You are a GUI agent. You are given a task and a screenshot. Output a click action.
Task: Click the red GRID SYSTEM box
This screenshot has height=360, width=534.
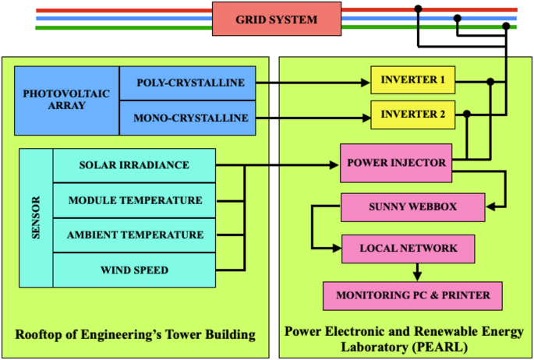point(277,19)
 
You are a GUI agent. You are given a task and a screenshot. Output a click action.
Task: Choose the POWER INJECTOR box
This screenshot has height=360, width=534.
point(396,163)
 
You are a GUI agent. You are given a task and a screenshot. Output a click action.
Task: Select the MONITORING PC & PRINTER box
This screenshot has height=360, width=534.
point(412,295)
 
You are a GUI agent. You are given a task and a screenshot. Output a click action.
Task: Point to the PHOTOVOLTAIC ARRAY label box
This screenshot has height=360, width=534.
point(67,101)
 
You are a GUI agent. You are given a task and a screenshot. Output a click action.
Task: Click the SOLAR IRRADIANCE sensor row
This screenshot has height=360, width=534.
point(135,164)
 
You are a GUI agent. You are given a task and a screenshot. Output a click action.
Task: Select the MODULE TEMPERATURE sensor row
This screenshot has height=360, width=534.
point(135,200)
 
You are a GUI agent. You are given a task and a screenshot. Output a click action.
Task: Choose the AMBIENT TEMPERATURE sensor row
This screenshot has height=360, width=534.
point(135,235)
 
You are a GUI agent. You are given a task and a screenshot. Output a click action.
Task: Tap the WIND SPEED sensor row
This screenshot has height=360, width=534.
point(135,270)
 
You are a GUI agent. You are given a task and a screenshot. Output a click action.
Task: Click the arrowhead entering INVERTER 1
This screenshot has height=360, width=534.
point(365,82)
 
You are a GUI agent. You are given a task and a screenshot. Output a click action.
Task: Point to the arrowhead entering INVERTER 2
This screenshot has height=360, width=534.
point(365,118)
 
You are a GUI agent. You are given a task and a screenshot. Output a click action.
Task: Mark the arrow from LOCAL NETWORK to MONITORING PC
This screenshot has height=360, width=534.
point(418,272)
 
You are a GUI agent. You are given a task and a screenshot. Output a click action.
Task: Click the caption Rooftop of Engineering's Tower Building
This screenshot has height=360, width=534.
point(136,335)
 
